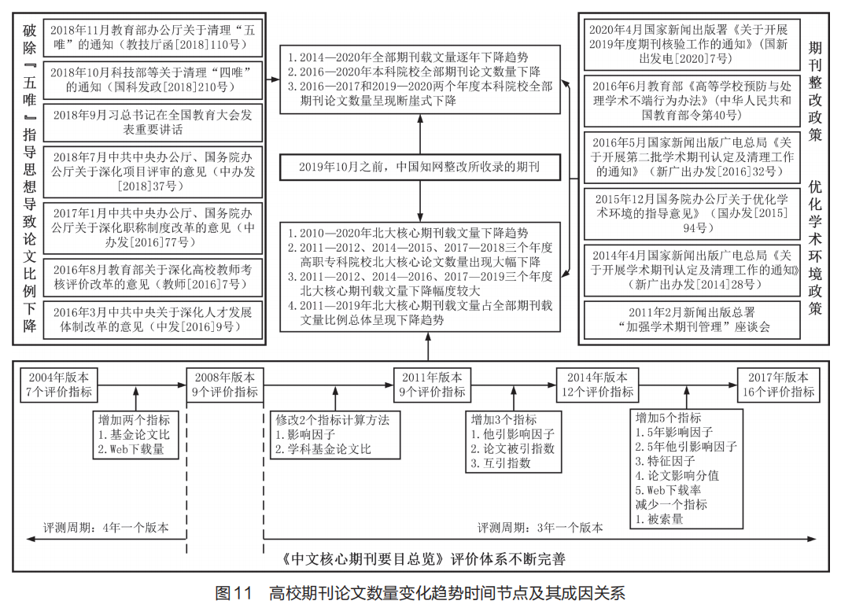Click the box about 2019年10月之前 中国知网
(x=419, y=168)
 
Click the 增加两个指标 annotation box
(x=133, y=434)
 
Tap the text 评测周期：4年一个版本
(x=105, y=527)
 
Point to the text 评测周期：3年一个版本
(x=540, y=527)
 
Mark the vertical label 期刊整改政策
(x=815, y=90)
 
